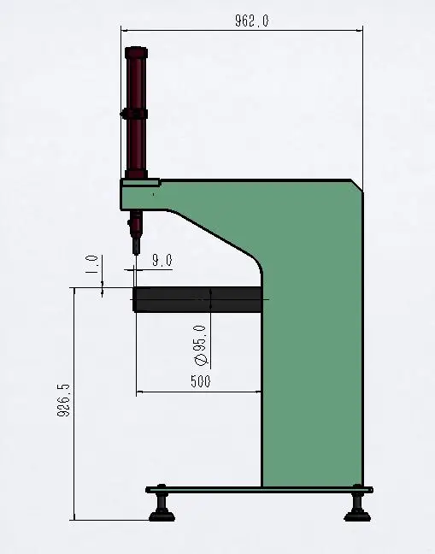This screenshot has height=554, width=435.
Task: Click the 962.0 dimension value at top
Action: pyautogui.click(x=252, y=21)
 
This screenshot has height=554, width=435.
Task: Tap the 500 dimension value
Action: pyautogui.click(x=200, y=381)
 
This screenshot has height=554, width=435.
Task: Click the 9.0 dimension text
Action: pyautogui.click(x=162, y=260)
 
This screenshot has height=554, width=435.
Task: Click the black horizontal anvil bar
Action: pyautogui.click(x=197, y=299)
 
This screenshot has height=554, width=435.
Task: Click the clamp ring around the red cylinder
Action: pyautogui.click(x=135, y=113)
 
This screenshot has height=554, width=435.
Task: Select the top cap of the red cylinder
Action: pyautogui.click(x=135, y=52)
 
